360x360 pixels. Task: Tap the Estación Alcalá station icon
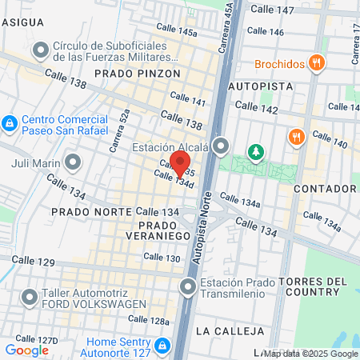point(222,147)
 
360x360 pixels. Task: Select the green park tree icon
point(255,151)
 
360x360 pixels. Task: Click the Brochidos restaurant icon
point(318,64)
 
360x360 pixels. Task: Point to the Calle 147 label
point(273,10)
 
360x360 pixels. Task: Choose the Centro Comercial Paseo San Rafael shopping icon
point(10,124)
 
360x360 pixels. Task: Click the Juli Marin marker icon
point(74,164)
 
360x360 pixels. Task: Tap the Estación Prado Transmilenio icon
point(189,286)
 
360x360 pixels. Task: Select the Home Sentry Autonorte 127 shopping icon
point(162,345)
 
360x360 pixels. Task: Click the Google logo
point(26,350)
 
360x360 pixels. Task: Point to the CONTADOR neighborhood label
point(325,189)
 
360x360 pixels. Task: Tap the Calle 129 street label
point(34,262)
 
